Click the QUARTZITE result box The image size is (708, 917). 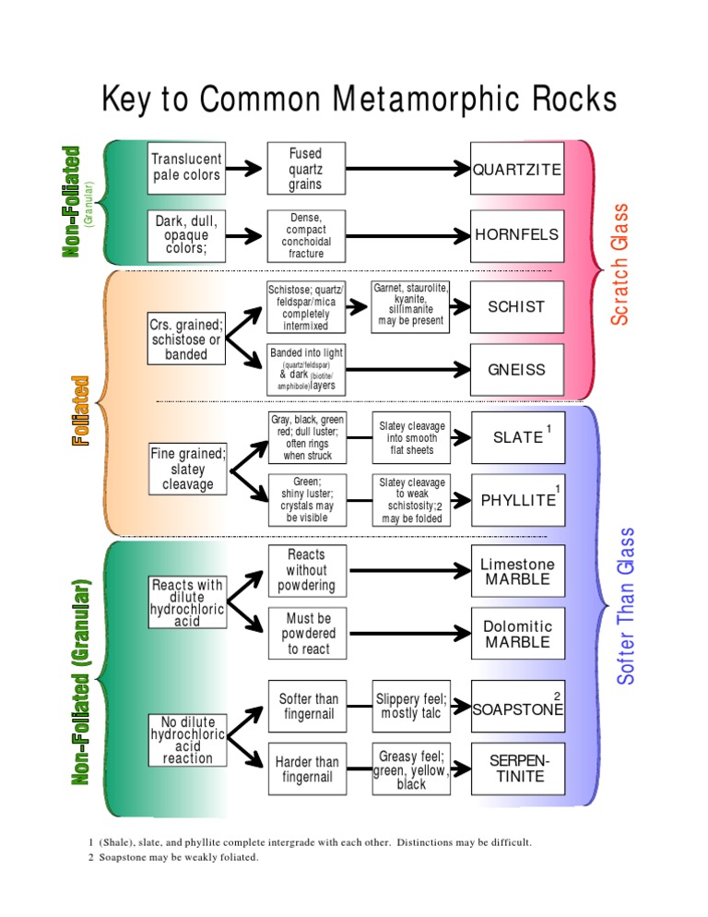[x=516, y=169]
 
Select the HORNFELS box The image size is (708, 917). [x=516, y=234]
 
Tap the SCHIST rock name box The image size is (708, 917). [x=516, y=307]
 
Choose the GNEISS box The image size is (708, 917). [x=516, y=370]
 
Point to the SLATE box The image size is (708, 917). [x=516, y=437]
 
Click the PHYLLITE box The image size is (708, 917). [x=516, y=500]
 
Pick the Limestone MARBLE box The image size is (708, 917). [x=516, y=572]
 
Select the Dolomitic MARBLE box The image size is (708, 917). [x=516, y=634]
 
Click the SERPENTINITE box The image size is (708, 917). [x=516, y=768]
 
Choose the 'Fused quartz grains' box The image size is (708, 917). [x=305, y=169]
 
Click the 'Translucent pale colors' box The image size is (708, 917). [x=186, y=167]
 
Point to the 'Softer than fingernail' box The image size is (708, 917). [x=307, y=707]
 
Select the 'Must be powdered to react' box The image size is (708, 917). [x=307, y=633]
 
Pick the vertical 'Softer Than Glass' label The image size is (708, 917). [x=627, y=607]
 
